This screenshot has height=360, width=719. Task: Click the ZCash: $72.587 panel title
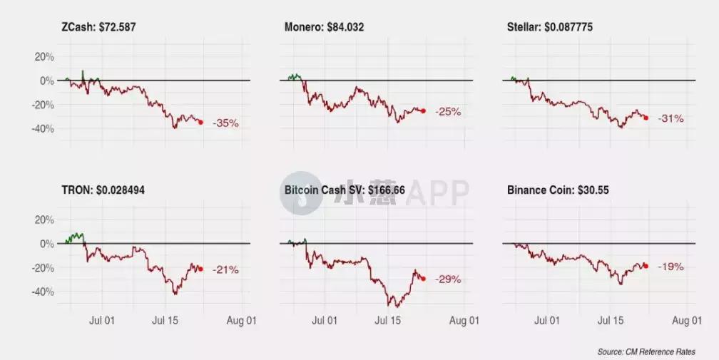(99, 27)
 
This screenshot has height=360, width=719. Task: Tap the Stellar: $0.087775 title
(549, 27)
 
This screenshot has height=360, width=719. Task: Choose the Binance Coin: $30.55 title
(558, 190)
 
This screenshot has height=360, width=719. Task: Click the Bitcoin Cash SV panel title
(345, 190)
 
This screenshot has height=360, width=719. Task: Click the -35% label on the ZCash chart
(226, 123)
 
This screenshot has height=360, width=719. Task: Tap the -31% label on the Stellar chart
(671, 118)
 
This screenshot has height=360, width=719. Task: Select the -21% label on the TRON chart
(226, 270)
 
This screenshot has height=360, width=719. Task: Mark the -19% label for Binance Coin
(671, 267)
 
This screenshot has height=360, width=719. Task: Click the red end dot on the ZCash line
(200, 122)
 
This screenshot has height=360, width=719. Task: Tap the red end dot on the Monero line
(424, 110)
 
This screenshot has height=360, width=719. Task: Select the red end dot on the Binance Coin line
(646, 266)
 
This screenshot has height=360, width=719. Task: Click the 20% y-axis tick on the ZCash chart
(44, 56)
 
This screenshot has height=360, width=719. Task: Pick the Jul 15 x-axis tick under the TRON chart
(165, 321)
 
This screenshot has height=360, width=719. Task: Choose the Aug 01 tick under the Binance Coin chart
(685, 321)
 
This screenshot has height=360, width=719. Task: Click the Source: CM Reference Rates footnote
(646, 351)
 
